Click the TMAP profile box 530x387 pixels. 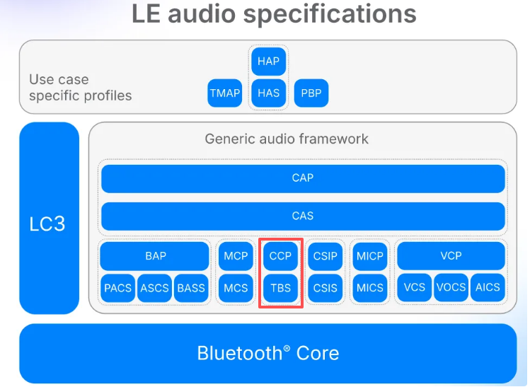225,93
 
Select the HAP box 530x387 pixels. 268,62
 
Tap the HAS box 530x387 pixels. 268,93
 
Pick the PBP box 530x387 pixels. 311,93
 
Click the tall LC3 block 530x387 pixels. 49,218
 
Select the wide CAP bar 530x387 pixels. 303,178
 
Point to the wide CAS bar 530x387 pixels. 303,216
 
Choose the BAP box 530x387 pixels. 155,255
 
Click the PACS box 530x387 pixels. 117,288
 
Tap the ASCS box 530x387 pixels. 154,288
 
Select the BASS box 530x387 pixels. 191,288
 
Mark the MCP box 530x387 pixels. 236,255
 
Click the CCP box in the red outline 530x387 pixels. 281,255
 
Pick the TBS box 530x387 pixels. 281,288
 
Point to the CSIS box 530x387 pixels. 326,288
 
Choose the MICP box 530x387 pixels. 370,255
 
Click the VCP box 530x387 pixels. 451,255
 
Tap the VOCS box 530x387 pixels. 451,287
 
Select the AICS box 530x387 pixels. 488,287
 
